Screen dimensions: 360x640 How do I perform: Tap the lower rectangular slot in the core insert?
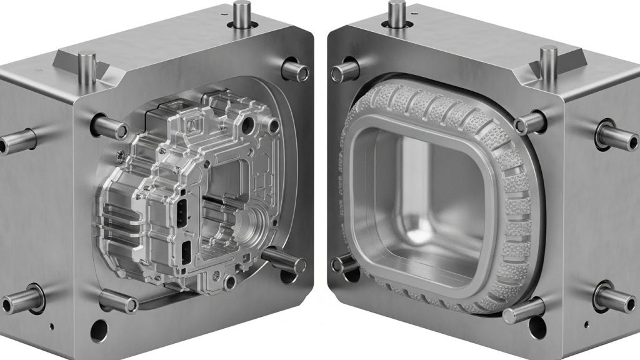coord(186,251)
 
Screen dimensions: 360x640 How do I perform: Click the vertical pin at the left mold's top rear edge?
coord(241,14)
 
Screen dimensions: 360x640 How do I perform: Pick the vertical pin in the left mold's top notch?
coord(87,65)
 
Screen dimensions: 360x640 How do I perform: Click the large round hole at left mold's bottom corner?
coord(98,329)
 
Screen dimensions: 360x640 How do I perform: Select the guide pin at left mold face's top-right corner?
coord(296,71)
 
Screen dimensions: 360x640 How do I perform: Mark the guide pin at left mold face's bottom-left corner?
coord(118,302)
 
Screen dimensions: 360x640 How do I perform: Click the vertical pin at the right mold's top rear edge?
coord(397,12)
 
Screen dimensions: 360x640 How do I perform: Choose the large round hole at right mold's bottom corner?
coord(536,327)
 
